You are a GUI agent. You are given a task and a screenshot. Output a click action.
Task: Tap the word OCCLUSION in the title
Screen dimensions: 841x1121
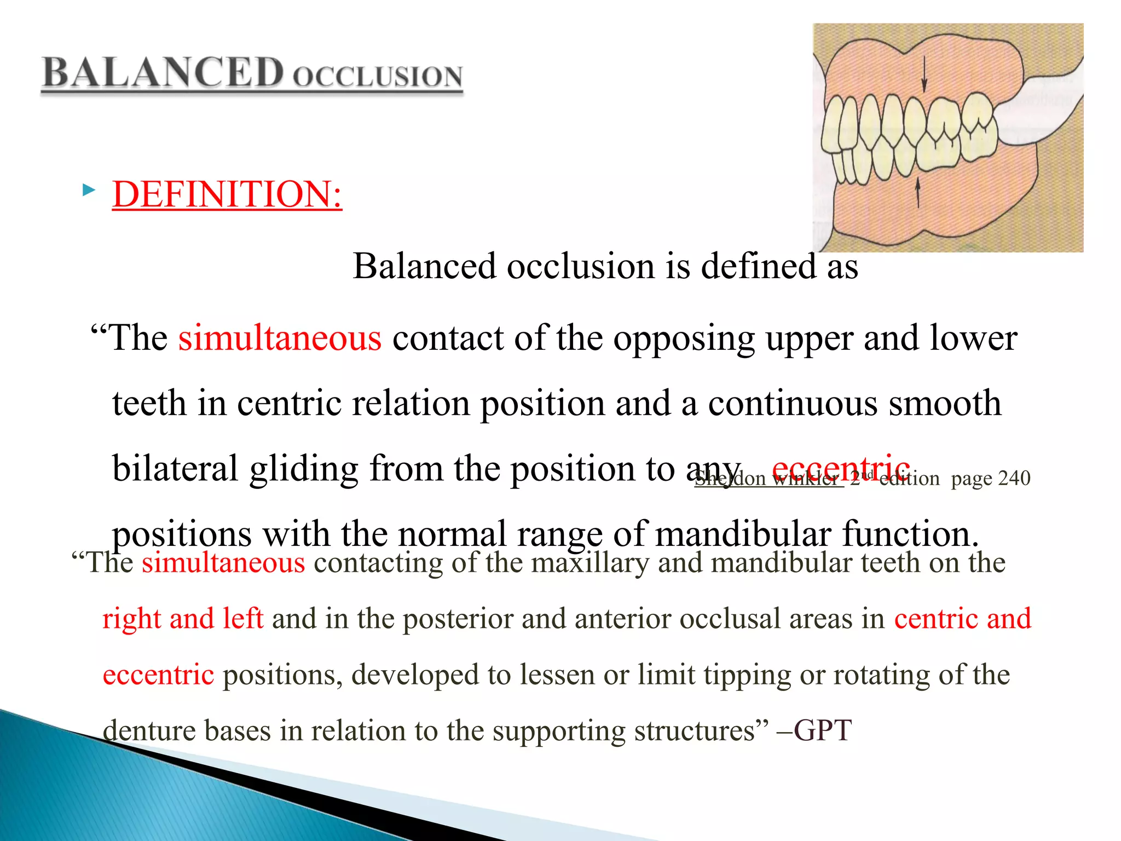click(378, 77)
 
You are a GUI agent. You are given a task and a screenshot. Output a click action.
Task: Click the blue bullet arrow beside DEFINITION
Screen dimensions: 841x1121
click(88, 191)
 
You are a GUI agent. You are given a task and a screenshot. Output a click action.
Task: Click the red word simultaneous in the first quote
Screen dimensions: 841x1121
click(280, 338)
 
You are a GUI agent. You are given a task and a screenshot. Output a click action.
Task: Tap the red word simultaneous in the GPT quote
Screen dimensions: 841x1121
click(223, 563)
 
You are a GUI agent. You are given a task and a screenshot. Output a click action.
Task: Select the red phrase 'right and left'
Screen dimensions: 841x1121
click(183, 619)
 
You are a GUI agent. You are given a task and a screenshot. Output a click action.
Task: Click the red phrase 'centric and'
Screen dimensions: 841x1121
click(962, 619)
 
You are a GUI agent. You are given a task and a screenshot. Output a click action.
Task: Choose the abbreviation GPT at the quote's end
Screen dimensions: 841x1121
click(822, 730)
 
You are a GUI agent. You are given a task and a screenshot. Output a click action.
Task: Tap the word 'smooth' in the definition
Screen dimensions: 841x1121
click(945, 404)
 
